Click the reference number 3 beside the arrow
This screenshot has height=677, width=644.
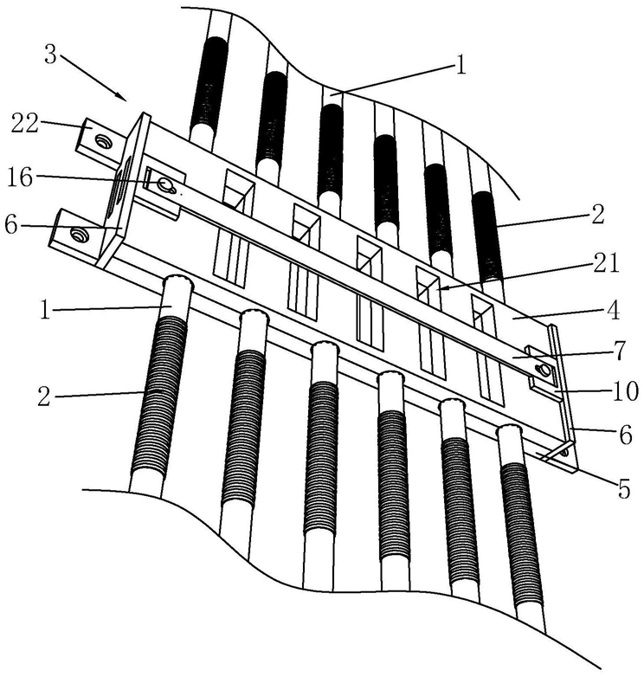tap(50, 56)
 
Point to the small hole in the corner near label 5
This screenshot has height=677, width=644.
tap(565, 450)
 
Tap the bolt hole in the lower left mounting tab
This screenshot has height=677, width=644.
tap(80, 234)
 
